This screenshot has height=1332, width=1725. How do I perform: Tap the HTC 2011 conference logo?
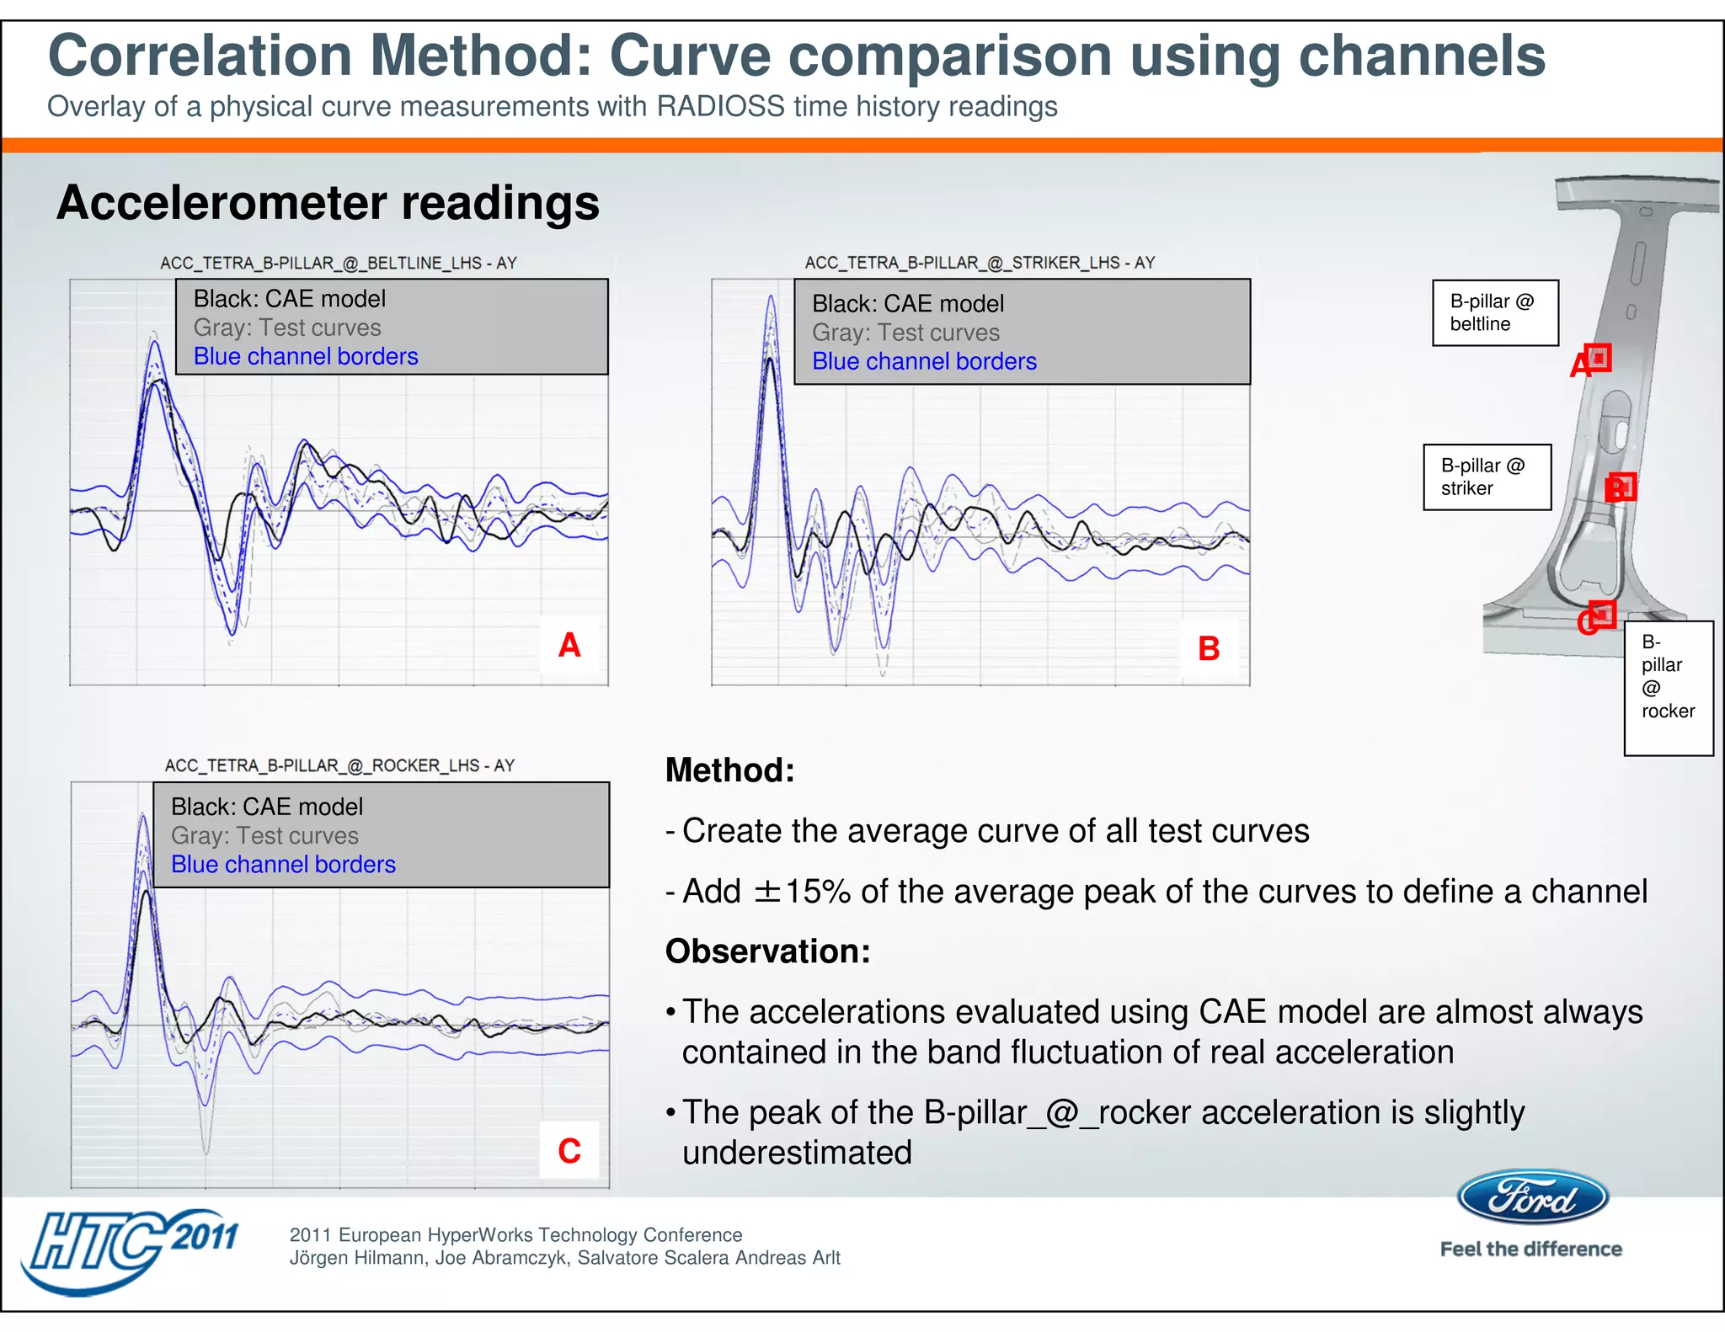[131, 1249]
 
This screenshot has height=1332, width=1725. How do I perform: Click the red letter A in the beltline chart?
[569, 646]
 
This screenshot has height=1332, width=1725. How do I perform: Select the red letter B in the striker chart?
[1209, 648]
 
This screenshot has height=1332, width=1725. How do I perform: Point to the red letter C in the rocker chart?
[569, 1151]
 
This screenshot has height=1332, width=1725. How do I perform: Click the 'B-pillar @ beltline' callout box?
[1494, 313]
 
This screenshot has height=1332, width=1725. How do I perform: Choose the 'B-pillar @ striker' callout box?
[1487, 477]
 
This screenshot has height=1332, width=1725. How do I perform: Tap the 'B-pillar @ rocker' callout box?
[1668, 687]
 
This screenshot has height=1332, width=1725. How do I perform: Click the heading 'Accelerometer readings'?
[328, 203]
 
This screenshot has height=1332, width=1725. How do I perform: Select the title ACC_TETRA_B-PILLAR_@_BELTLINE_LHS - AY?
[339, 264]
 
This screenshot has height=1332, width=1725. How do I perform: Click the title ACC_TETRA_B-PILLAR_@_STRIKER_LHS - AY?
[980, 263]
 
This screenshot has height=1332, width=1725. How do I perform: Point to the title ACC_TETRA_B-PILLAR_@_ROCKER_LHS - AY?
[339, 765]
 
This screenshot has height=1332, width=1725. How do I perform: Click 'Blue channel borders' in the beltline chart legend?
[306, 356]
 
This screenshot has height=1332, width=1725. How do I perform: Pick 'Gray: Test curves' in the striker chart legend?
[905, 333]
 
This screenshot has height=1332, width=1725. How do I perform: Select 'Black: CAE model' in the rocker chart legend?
[267, 807]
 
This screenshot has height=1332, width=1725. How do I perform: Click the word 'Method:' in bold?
[729, 770]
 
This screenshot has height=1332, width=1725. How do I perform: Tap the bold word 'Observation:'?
[767, 951]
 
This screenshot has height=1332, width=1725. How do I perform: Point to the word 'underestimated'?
[797, 1153]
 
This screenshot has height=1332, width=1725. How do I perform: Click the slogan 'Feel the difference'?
[1530, 1249]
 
